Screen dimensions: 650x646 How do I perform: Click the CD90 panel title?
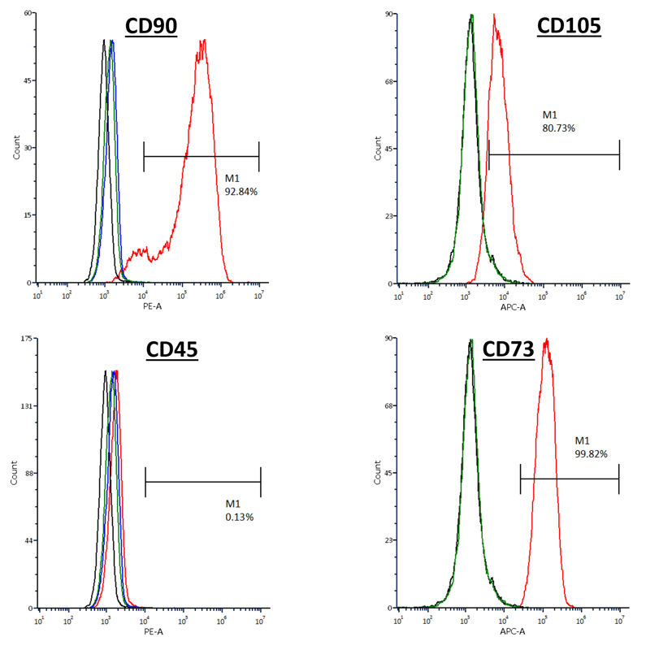151,28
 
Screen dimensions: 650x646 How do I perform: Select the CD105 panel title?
569,26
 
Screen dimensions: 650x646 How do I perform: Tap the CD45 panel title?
172,350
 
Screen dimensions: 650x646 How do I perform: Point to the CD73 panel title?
508,349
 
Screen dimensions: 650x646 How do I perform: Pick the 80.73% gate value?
559,128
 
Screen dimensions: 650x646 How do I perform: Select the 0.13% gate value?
240,517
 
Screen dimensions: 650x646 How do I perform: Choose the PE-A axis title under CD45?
153,631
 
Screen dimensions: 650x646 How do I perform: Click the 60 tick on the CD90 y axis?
26,14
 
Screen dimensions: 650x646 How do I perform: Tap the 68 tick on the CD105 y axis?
388,81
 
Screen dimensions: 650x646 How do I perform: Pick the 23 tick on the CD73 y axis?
388,540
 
